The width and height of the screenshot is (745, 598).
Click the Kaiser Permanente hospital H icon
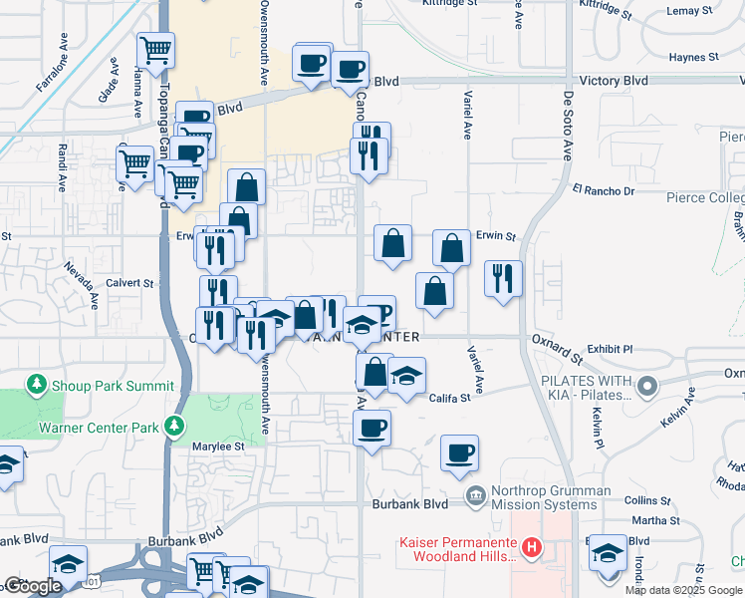click(532, 547)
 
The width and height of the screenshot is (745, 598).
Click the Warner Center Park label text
click(98, 429)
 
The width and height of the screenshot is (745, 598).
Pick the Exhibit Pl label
click(610, 350)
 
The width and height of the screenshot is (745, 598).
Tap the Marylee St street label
click(218, 447)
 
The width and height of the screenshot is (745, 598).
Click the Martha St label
click(654, 520)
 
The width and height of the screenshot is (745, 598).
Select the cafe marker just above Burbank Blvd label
click(459, 451)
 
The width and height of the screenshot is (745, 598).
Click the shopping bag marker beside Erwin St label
click(452, 248)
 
